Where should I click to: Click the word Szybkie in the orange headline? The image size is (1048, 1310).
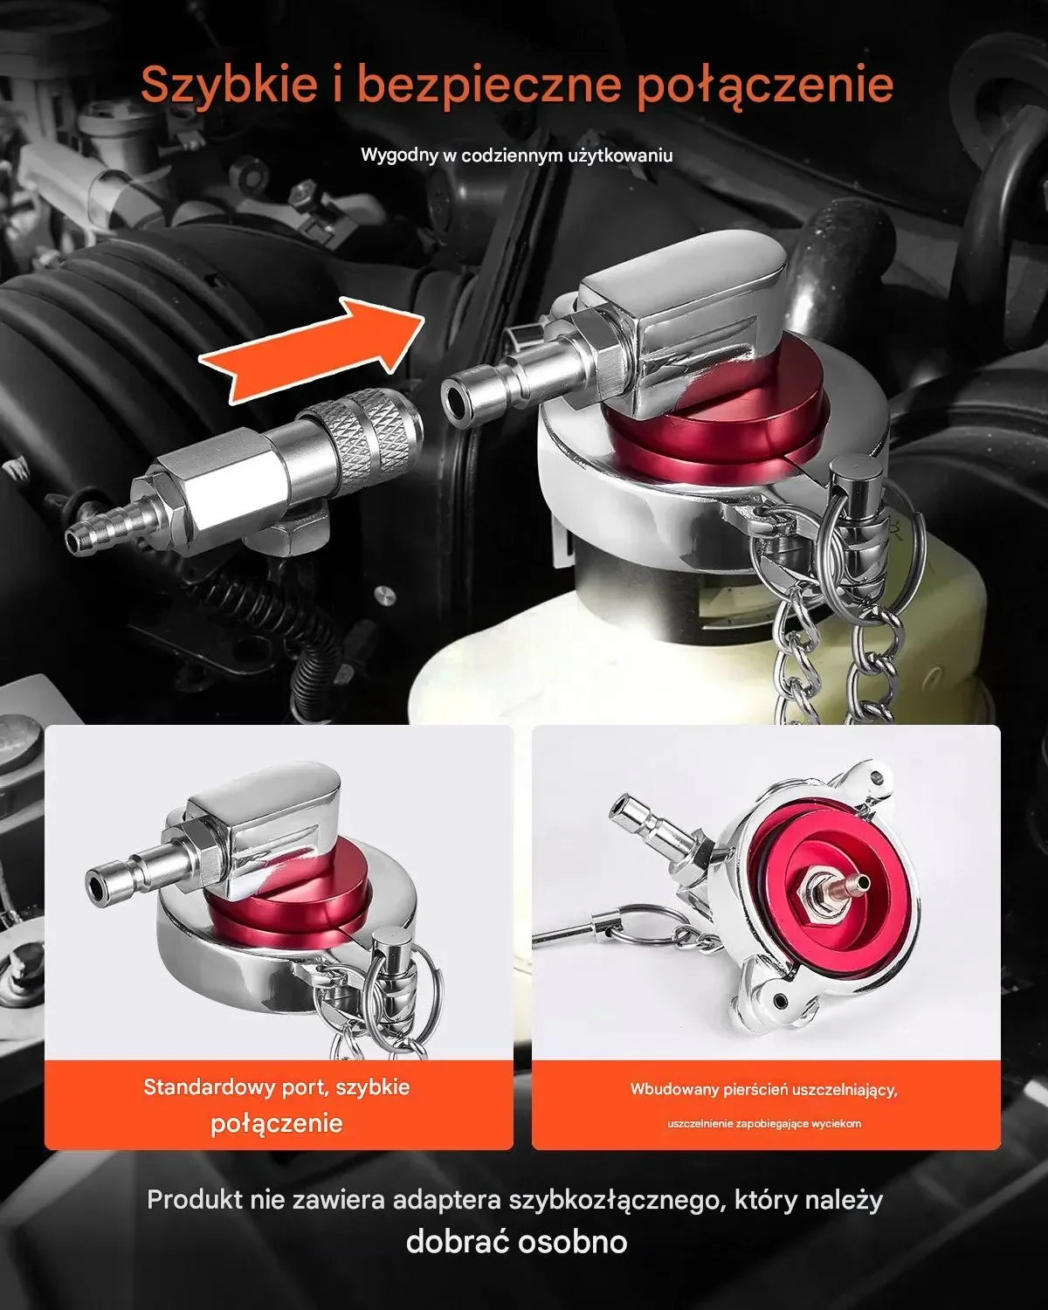click(229, 86)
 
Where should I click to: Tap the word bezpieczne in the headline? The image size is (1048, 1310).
click(490, 86)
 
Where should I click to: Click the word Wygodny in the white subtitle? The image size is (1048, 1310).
click(399, 155)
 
